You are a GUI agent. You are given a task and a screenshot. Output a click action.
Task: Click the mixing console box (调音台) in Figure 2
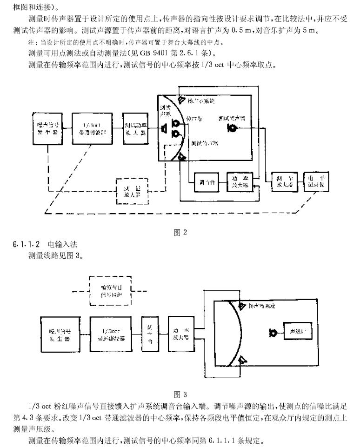[x=205, y=182]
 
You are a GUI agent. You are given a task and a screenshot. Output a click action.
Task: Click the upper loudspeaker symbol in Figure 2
[x=183, y=100]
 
